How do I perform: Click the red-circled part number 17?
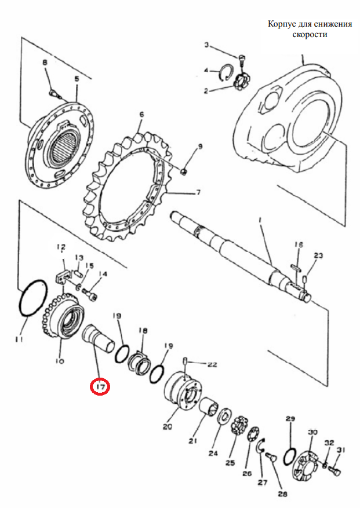click(x=100, y=386)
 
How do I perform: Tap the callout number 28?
click(x=282, y=494)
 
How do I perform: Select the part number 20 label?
click(x=168, y=427)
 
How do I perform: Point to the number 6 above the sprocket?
click(x=141, y=115)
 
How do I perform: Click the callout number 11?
click(x=19, y=339)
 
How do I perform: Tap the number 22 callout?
click(x=212, y=365)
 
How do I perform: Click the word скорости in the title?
click(x=310, y=34)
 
